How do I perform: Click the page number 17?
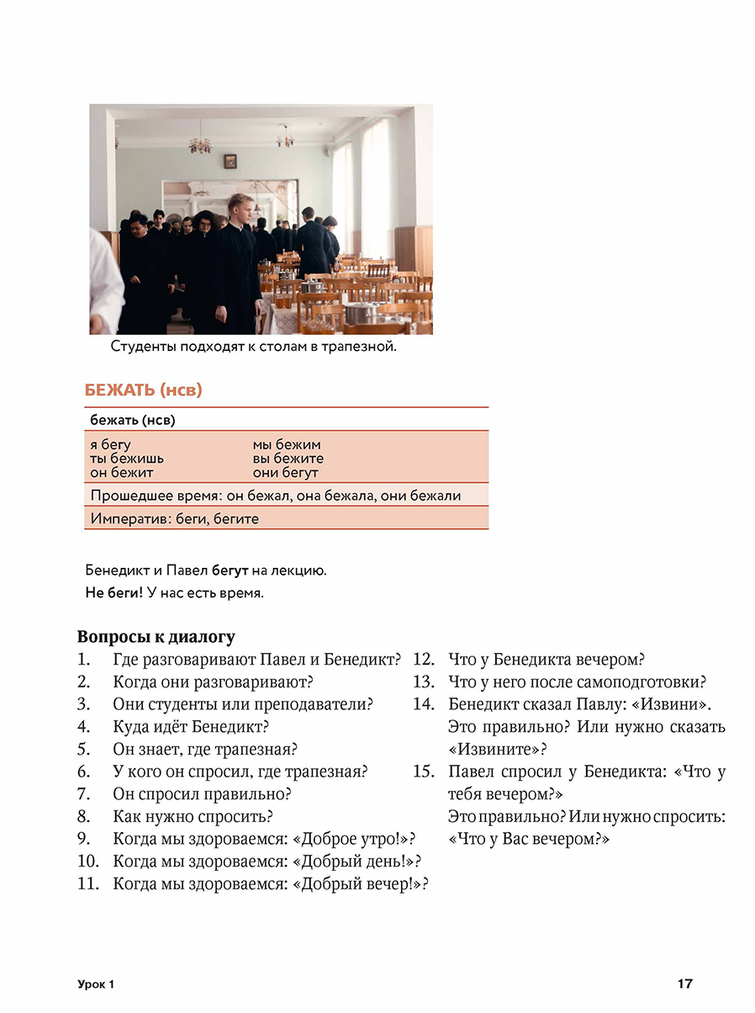[x=684, y=983]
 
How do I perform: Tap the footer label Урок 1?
[x=93, y=984]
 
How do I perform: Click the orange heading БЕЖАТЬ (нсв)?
[x=144, y=390]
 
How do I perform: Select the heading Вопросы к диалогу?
[x=156, y=636]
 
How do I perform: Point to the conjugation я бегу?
[x=111, y=444]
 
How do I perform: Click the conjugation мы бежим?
[x=287, y=444]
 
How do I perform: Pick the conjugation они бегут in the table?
[x=286, y=473]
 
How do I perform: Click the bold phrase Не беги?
[x=114, y=592]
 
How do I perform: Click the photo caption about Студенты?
[x=253, y=347]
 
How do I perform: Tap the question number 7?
[x=83, y=793]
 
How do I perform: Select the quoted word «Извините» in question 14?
[x=494, y=749]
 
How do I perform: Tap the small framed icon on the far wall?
[x=230, y=160]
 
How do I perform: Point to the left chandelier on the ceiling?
[x=200, y=144]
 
